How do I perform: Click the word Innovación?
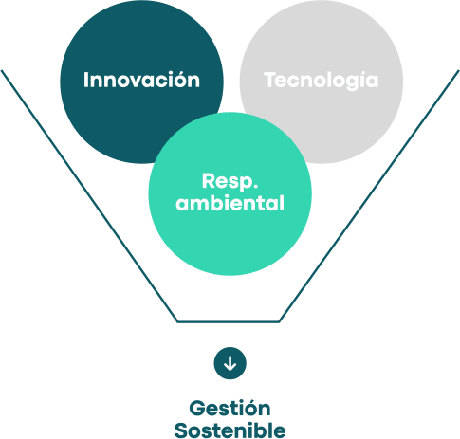click(141, 80)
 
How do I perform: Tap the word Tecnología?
click(322, 81)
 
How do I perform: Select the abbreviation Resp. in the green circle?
click(230, 182)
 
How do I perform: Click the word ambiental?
click(230, 203)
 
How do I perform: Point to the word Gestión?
click(230, 408)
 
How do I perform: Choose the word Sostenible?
click(230, 430)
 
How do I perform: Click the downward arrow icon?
click(230, 363)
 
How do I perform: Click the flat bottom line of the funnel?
click(229, 321)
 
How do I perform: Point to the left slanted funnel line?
click(89, 196)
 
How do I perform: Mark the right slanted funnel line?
click(369, 196)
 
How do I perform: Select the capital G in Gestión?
click(196, 408)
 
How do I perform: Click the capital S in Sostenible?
click(181, 430)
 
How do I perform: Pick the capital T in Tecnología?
click(271, 80)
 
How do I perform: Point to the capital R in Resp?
click(209, 180)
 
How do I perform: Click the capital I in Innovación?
click(85, 80)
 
